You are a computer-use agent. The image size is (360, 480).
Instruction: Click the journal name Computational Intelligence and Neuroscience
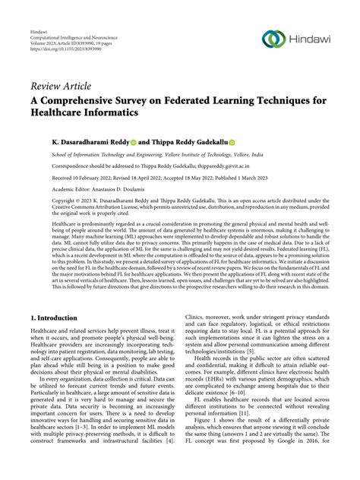point(74,24)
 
